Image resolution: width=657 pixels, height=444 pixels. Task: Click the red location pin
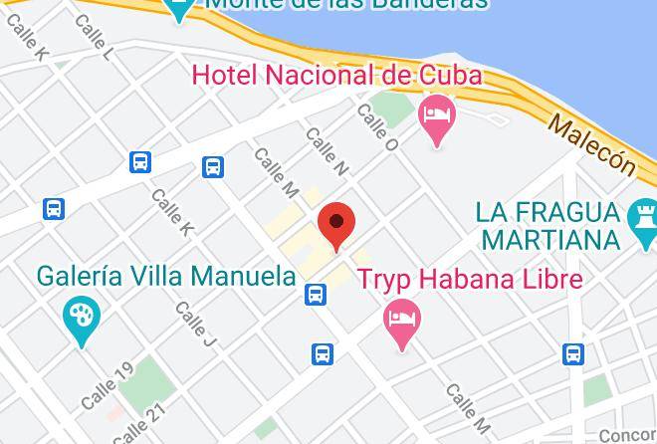pyautogui.click(x=336, y=225)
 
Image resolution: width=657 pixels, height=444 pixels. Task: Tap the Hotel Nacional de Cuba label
pyautogui.click(x=336, y=75)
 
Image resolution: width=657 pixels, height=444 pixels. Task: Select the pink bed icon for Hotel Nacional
pyautogui.click(x=436, y=117)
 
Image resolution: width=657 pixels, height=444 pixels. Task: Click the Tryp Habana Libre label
pyautogui.click(x=470, y=279)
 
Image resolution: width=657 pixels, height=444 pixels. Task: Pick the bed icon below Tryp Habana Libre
pyautogui.click(x=402, y=322)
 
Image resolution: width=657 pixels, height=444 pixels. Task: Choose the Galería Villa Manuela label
pyautogui.click(x=166, y=276)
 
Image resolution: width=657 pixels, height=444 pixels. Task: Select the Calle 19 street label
pyautogui.click(x=107, y=387)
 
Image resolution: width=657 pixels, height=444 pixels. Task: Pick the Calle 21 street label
pyautogui.click(x=138, y=423)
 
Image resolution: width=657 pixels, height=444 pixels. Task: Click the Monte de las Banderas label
pyautogui.click(x=346, y=5)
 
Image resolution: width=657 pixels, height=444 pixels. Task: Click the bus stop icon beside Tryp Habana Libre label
pyautogui.click(x=316, y=294)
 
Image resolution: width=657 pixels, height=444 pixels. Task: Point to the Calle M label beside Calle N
pyautogui.click(x=276, y=172)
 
